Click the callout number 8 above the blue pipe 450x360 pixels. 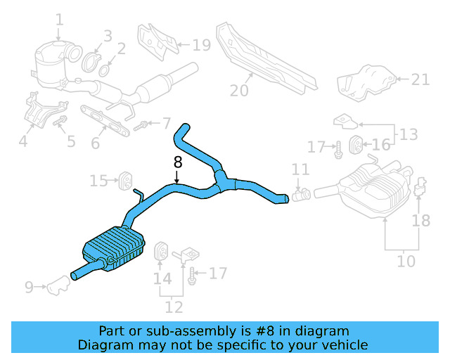pyautogui.click(x=177, y=162)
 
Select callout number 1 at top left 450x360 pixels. pyautogui.click(x=59, y=20)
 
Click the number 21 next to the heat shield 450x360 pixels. pyautogui.click(x=420, y=79)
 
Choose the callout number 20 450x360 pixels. pyautogui.click(x=239, y=90)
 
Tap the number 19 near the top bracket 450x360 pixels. pyautogui.click(x=201, y=46)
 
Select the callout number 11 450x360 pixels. pyautogui.click(x=300, y=169)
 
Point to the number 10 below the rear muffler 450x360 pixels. pyautogui.click(x=406, y=262)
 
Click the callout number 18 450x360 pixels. pyautogui.click(x=420, y=221)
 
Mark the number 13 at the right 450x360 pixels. pyautogui.click(x=408, y=133)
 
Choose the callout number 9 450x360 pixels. pyautogui.click(x=29, y=287)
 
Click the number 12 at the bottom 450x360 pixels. pyautogui.click(x=174, y=307)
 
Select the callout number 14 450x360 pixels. pyautogui.click(x=162, y=278)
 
